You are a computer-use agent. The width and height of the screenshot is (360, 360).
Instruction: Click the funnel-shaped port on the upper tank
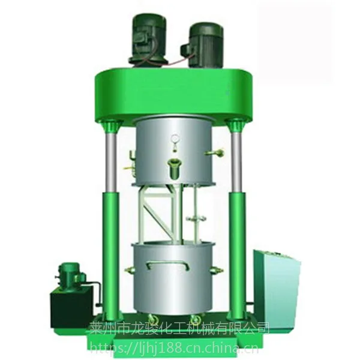pos(175,169)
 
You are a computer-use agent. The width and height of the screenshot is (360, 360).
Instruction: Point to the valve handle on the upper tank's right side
pos(215,152)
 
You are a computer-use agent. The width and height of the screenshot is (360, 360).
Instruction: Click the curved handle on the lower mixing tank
pos(168,265)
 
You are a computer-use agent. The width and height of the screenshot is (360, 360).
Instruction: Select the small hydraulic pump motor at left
pos(70,274)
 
